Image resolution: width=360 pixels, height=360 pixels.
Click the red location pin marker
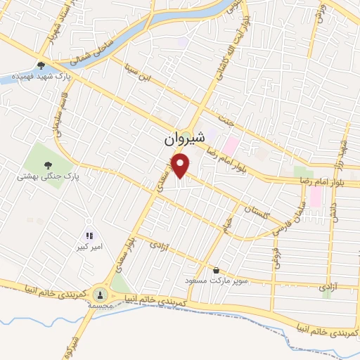pyautogui.click(x=181, y=166)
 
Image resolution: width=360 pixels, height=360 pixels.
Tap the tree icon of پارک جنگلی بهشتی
pyautogui.click(x=48, y=165)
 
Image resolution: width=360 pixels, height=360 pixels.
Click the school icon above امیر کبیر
pyautogui.click(x=89, y=236)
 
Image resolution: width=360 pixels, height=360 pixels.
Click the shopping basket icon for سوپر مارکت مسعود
pyautogui.click(x=216, y=270)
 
